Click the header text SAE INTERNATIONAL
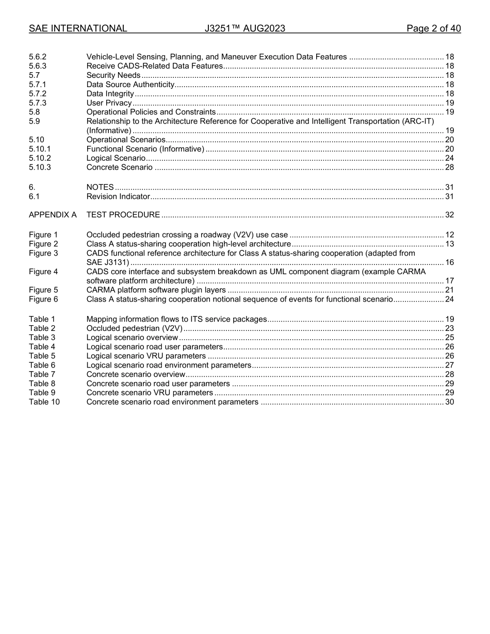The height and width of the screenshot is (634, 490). (78, 28)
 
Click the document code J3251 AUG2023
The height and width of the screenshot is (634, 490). (244, 28)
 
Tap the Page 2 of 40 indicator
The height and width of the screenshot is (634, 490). (433, 28)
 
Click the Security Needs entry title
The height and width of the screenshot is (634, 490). (113, 75)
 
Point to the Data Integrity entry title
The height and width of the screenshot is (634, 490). (110, 94)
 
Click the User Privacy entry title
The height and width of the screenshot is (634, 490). (109, 103)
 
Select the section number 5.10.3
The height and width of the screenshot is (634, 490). (40, 168)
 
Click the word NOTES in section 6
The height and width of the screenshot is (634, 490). (100, 187)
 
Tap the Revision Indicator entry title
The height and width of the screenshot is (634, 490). (118, 196)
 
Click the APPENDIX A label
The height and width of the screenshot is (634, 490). (53, 215)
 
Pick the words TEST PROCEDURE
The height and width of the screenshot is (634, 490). (123, 215)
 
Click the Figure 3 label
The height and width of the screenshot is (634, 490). (43, 253)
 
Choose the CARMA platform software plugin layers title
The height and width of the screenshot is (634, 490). (156, 290)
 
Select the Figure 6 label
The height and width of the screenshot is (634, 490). (43, 299)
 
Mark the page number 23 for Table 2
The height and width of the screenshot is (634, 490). (449, 328)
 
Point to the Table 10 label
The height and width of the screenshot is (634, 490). (44, 402)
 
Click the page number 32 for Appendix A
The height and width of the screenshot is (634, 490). (449, 215)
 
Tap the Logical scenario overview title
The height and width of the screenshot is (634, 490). (132, 338)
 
